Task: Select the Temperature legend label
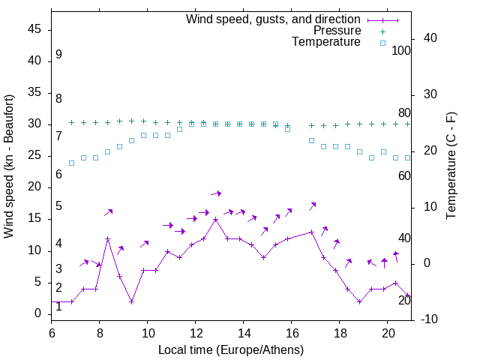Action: [326, 42]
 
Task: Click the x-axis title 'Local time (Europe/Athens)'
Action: [231, 350]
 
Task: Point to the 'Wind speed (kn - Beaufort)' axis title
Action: [9, 166]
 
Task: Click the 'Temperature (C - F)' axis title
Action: [451, 166]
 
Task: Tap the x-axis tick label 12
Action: [196, 331]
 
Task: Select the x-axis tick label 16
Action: [292, 331]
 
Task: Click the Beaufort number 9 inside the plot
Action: [58, 55]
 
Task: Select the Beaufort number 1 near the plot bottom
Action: [58, 307]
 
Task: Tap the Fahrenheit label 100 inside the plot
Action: [402, 51]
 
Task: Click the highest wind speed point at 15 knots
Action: [216, 220]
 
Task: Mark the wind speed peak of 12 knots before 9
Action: [107, 239]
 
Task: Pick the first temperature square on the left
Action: [71, 163]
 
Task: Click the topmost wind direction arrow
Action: [216, 193]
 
